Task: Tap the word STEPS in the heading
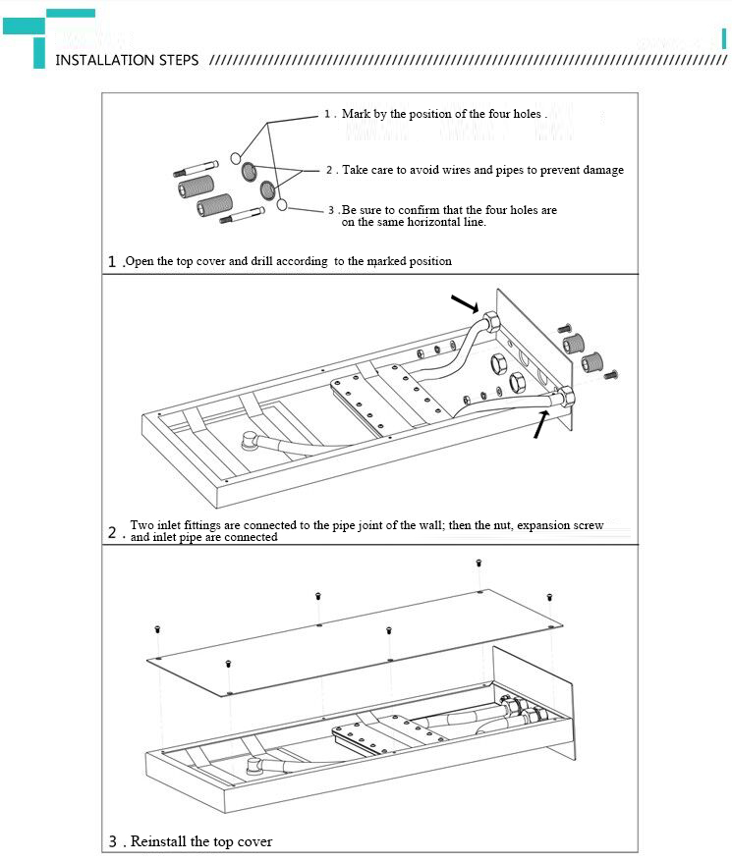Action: tap(179, 60)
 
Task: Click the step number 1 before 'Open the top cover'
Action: tap(113, 262)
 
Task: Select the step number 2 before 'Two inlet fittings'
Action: tap(113, 533)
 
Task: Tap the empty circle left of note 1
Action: tap(236, 158)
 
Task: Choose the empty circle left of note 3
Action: tap(282, 204)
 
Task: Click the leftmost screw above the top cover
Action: tap(156, 628)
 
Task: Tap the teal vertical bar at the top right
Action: tap(723, 40)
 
